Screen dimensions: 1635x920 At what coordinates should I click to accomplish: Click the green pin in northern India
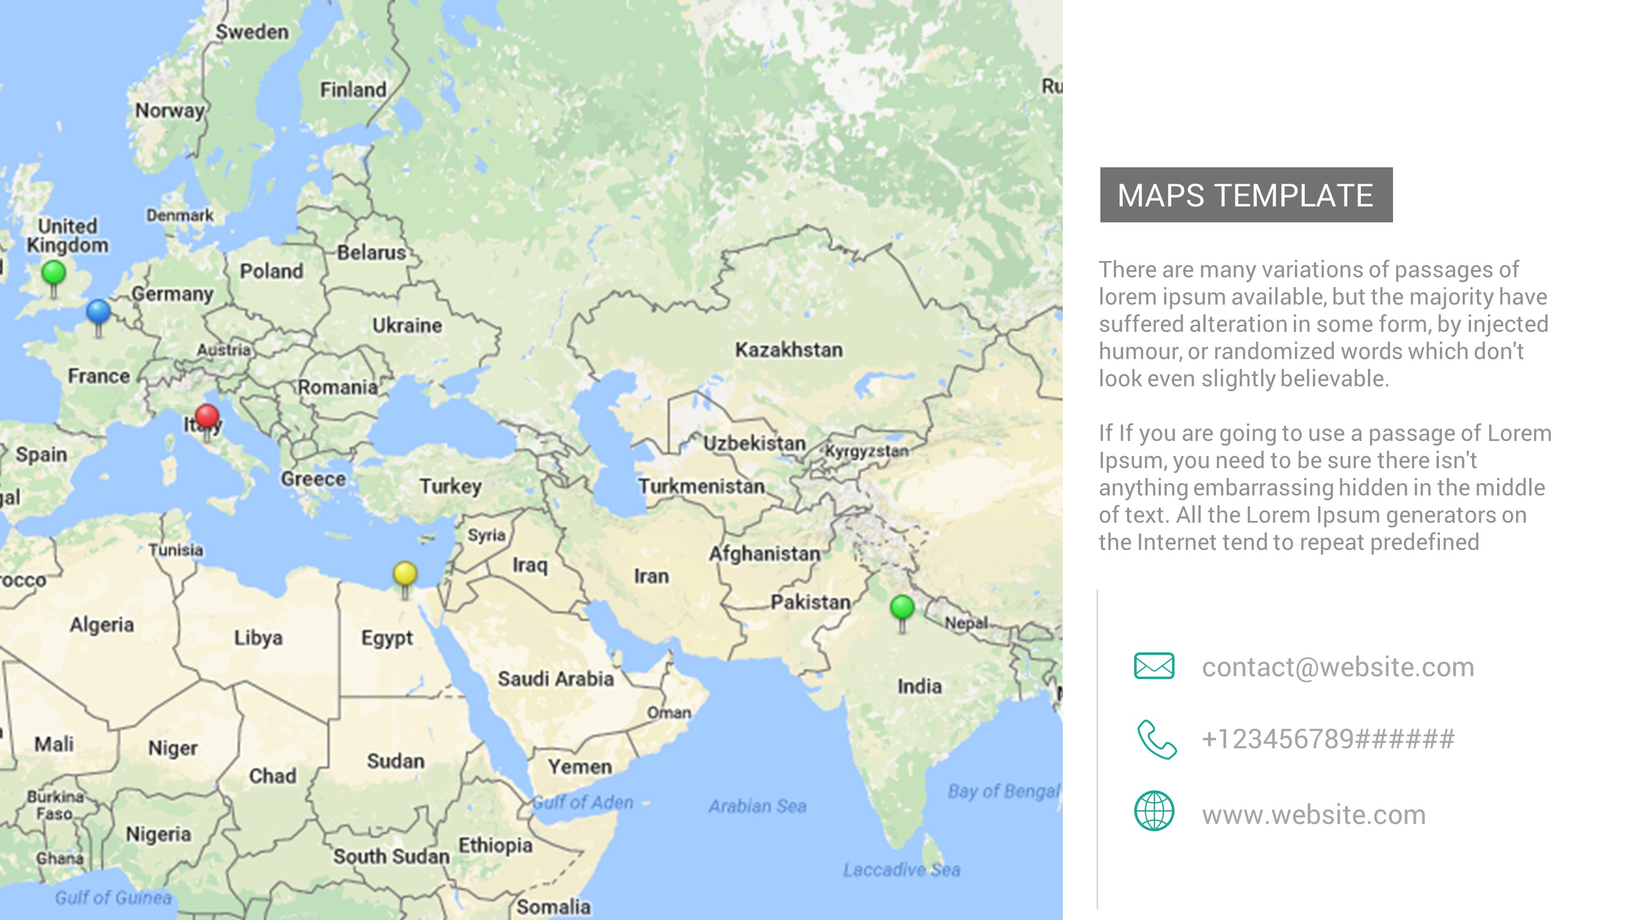tap(902, 608)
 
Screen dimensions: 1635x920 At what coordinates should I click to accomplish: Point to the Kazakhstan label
tap(789, 350)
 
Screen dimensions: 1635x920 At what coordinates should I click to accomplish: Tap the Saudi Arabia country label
tap(555, 679)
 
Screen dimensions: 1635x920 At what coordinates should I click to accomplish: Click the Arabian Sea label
tap(757, 806)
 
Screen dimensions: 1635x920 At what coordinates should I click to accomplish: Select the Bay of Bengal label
tap(1003, 791)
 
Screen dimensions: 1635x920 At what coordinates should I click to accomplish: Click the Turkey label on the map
tap(451, 486)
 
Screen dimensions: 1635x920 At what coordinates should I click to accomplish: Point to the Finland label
tap(353, 90)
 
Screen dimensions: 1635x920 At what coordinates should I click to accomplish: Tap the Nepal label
tap(966, 624)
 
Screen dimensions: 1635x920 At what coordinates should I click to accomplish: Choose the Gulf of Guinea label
tap(113, 898)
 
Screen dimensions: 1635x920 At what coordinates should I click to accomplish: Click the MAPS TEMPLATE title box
tap(1246, 195)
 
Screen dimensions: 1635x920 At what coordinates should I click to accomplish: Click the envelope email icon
tap(1154, 666)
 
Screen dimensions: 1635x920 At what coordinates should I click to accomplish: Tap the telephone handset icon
tap(1156, 739)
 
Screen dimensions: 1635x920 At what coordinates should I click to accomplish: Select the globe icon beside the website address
tap(1154, 811)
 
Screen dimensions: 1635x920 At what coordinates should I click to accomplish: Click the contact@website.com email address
tap(1338, 667)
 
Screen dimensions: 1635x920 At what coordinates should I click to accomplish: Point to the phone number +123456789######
tap(1328, 740)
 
